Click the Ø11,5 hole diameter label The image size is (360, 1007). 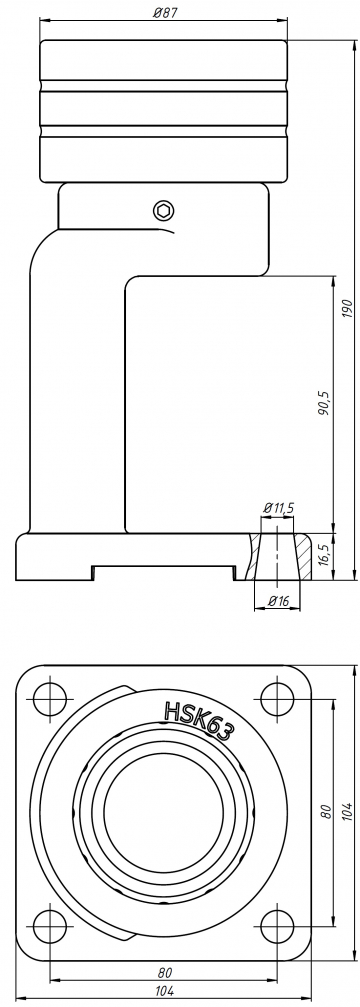point(279,507)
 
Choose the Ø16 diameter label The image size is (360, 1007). point(279,600)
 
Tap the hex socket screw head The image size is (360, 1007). point(164,210)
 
